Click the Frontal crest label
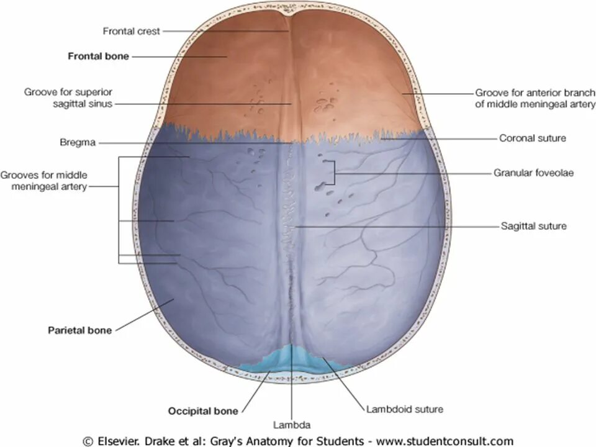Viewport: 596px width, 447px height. (132, 30)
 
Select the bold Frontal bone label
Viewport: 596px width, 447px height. (98, 56)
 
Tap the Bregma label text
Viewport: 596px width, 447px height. (79, 142)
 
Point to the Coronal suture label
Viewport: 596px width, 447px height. (532, 138)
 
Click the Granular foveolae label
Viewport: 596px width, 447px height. (533, 173)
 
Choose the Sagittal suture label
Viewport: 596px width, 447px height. (533, 226)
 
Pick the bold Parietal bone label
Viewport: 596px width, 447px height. (80, 330)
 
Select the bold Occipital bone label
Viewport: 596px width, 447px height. (203, 410)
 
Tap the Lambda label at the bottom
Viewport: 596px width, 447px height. (291, 425)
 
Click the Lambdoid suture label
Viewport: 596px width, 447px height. (404, 409)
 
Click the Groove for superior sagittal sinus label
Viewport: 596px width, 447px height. (68, 98)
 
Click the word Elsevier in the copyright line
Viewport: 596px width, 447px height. (119, 441)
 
